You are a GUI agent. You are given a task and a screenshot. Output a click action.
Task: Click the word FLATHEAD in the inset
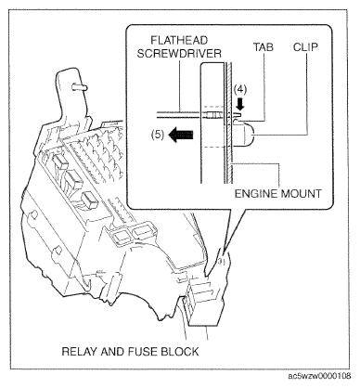[x=179, y=40]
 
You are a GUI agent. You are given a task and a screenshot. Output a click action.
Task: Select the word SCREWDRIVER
[x=179, y=54]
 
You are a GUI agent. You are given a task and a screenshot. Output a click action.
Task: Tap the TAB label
[x=264, y=47]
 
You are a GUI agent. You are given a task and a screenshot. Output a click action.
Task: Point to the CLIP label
[x=305, y=47]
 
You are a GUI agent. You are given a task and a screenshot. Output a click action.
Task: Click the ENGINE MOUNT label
[x=278, y=194]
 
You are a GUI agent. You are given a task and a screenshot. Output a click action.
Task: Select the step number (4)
[x=240, y=89]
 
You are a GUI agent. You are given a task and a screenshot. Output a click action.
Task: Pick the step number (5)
[x=158, y=136]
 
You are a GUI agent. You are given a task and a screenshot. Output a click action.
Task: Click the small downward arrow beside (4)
[x=240, y=105]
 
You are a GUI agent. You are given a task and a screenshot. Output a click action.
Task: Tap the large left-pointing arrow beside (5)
[x=181, y=135]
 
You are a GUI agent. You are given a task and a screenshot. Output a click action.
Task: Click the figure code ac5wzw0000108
[x=319, y=376]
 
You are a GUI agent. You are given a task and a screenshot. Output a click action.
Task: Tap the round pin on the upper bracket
[x=80, y=87]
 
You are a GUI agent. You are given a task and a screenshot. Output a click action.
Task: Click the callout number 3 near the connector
[x=220, y=262]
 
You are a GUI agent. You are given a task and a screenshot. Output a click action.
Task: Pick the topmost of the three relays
[x=59, y=162]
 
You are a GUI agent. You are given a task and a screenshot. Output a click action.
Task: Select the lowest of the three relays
[x=89, y=200]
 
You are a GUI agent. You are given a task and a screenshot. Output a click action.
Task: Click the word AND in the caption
[x=114, y=352]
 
